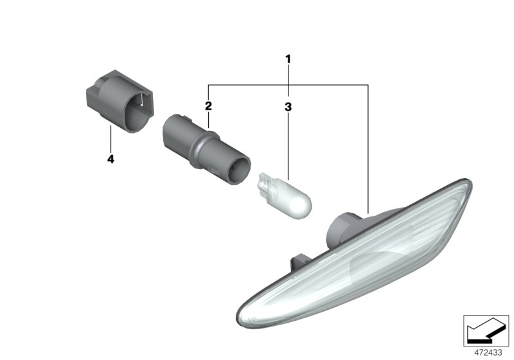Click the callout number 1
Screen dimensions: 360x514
tap(288, 59)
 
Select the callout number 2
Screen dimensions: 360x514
tap(208, 105)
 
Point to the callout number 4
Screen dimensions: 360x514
tap(111, 159)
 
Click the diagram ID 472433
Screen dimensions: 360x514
tap(488, 352)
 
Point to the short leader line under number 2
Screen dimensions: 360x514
tap(208, 119)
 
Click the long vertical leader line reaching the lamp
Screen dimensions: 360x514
tap(368, 148)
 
